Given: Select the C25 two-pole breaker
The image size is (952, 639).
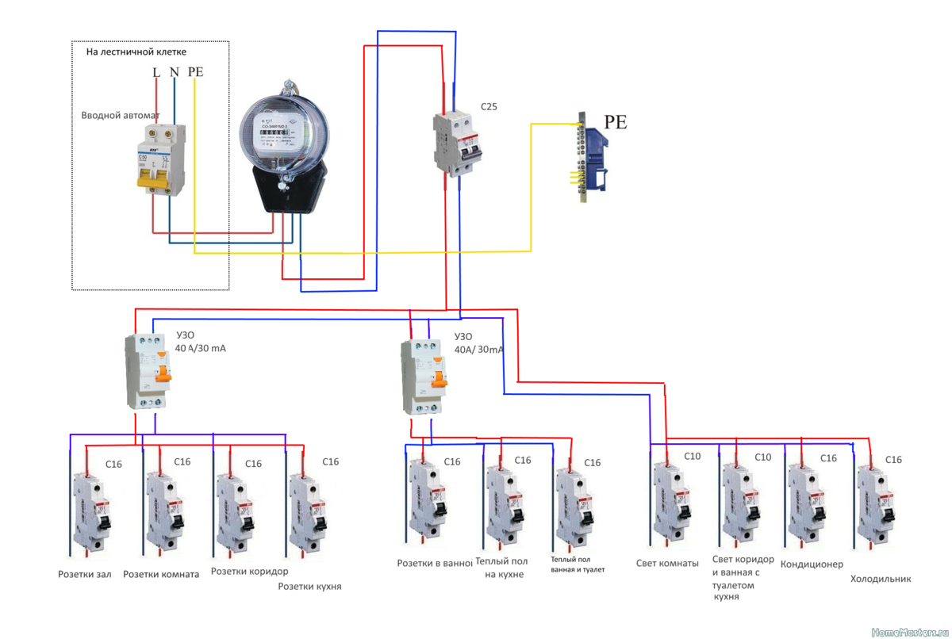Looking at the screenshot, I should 459,143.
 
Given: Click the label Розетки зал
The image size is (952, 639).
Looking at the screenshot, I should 85,574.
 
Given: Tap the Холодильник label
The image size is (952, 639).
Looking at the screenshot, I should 881,579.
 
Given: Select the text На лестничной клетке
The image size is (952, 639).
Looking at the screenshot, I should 136,52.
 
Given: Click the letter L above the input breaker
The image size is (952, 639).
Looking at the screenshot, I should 156,72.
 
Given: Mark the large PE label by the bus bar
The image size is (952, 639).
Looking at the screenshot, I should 616,122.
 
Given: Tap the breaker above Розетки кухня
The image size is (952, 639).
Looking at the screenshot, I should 307,512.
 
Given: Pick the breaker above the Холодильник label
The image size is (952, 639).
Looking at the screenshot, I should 876,507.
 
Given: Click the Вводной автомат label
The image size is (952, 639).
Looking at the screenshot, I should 121,116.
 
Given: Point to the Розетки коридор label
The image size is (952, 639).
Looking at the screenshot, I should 249,571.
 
